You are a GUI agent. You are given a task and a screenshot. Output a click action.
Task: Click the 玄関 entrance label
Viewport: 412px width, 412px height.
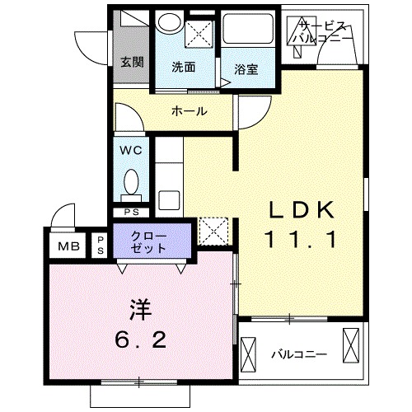coord(132,62)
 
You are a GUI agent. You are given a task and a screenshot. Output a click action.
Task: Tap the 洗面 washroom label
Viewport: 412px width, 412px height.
coord(184,68)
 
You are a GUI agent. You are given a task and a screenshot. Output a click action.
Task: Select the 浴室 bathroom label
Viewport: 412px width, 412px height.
coord(246,69)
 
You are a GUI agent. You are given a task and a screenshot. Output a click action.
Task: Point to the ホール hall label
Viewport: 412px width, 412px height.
coord(189,111)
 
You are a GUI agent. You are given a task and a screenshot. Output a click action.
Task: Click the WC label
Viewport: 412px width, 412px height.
coord(133,151)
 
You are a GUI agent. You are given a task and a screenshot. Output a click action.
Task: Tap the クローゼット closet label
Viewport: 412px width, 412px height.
coord(155,241)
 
